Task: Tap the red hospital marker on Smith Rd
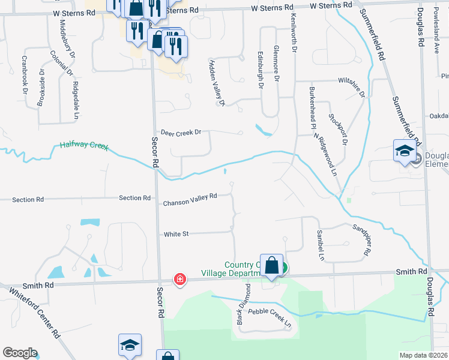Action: click(x=179, y=279)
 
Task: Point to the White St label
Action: click(x=176, y=235)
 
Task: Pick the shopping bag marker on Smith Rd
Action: click(x=271, y=265)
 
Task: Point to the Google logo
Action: click(x=20, y=353)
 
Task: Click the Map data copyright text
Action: click(x=424, y=355)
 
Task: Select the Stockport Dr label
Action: click(x=338, y=124)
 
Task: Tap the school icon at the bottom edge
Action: click(x=130, y=345)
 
